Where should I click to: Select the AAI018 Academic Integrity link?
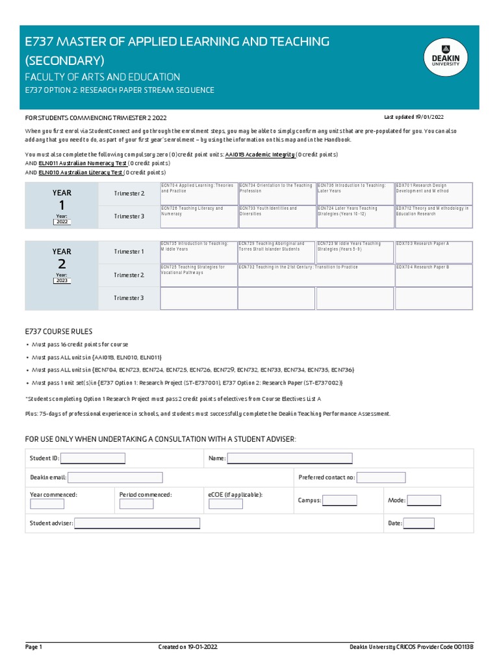point(260,155)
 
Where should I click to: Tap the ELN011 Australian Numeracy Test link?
point(83,164)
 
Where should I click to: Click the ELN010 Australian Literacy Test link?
point(81,173)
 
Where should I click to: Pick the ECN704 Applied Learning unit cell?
point(199,194)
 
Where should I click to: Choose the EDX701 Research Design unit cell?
point(433,194)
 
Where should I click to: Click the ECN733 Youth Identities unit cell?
point(277,216)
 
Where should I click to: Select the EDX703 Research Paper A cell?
point(433,251)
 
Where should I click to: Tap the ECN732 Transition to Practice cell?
point(316,275)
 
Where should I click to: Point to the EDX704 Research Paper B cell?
point(433,275)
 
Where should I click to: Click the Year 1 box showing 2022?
point(62,222)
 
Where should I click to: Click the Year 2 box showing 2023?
point(62,281)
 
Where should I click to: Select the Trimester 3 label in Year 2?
point(129,298)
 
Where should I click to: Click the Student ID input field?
point(93,458)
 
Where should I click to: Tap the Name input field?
point(290,458)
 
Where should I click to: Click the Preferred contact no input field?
point(381,478)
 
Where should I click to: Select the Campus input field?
point(340,501)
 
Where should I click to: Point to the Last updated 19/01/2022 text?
point(414,117)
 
